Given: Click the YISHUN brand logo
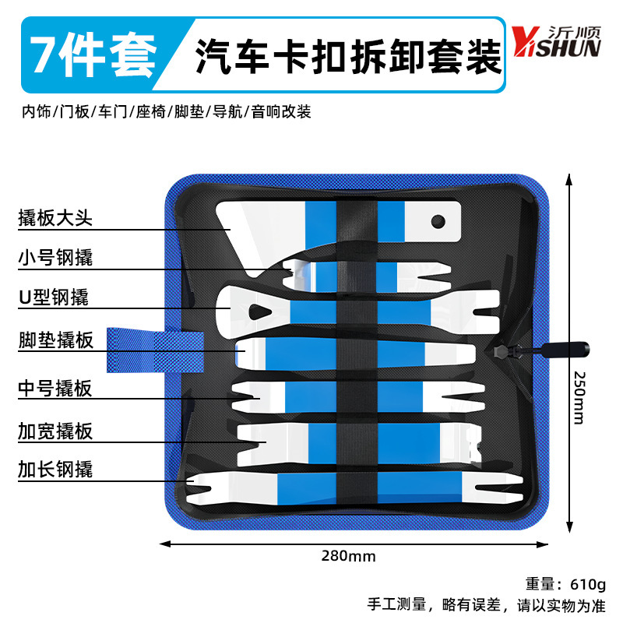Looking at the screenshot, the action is point(556,44).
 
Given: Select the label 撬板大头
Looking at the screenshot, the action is point(55,218).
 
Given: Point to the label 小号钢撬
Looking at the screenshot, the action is point(55,257).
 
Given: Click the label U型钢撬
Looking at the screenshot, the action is point(54,297).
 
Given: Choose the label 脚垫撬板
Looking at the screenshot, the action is point(55,340).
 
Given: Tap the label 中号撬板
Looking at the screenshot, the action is point(55,387).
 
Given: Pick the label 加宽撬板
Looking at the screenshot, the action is point(55,431).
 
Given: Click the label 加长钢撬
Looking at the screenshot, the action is point(55,469).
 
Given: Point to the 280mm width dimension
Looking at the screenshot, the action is point(349,556).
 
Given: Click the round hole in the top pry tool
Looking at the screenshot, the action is point(438,221).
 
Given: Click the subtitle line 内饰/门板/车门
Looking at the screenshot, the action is point(166,112).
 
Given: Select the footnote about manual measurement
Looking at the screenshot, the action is point(486,604).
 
